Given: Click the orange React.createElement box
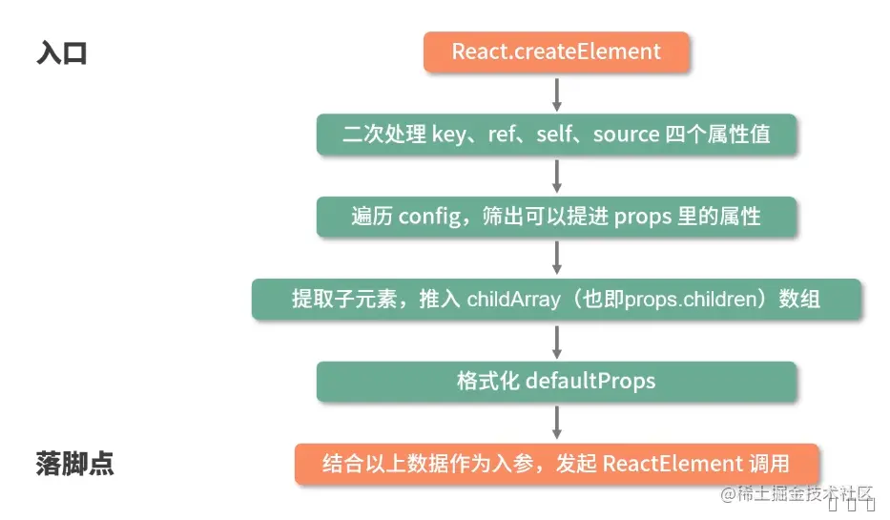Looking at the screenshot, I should click(x=556, y=52).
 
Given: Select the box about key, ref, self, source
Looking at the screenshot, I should click(x=556, y=135).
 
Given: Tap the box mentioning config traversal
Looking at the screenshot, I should click(x=556, y=217).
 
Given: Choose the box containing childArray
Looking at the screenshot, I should click(x=556, y=299).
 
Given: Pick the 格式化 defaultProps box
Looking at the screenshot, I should click(x=556, y=382).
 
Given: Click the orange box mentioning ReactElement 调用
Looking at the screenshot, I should click(x=556, y=464).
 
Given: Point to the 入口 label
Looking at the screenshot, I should click(x=62, y=52).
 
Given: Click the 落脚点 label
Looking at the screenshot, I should click(x=75, y=464).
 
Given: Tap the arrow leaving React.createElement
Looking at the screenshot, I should click(x=557, y=93).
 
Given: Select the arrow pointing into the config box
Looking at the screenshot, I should click(x=557, y=176).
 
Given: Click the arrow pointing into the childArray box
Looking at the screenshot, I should click(x=557, y=258).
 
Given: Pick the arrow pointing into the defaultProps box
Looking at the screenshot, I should click(x=557, y=341).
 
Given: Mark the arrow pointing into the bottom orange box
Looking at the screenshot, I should click(x=557, y=423).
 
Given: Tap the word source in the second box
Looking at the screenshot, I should click(x=626, y=135).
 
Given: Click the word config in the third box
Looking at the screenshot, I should click(x=430, y=217).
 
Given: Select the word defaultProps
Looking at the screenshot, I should click(x=590, y=382).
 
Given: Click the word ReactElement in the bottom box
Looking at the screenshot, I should click(x=659, y=465).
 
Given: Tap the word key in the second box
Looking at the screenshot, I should click(x=449, y=135).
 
